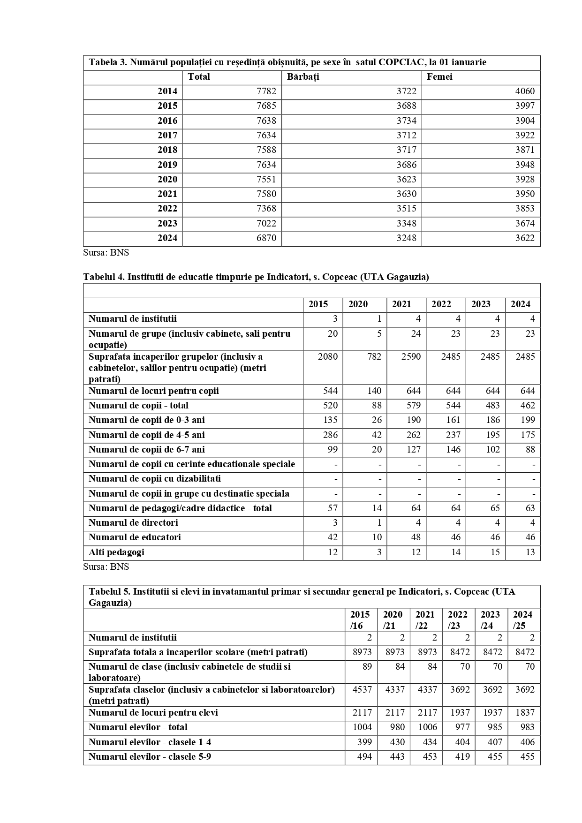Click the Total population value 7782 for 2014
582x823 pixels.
(266, 91)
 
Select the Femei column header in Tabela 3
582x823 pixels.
(439, 77)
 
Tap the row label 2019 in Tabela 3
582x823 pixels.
(167, 165)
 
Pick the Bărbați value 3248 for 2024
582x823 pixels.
(406, 238)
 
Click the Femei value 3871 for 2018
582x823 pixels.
(524, 150)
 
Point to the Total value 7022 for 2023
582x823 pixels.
(266, 223)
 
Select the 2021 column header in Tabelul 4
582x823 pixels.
(401, 304)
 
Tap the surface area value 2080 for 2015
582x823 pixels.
(327, 357)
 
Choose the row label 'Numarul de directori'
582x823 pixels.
(133, 523)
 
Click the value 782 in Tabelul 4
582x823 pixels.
(373, 357)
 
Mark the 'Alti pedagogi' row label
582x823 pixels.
(116, 552)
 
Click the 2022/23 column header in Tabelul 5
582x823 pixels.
(458, 620)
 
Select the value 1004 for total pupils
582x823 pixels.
(362, 727)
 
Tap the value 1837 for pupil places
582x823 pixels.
(525, 713)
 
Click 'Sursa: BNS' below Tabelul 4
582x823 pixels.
(106, 566)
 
